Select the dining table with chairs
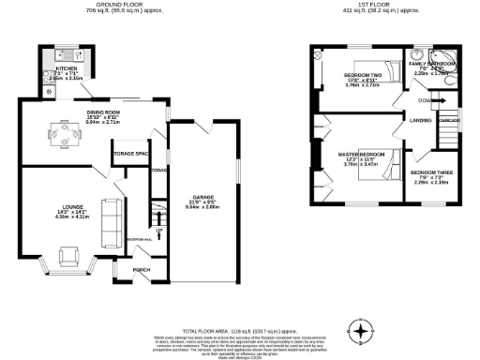coord(65,138)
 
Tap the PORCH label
coord(142,270)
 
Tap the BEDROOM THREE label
coord(430,173)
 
